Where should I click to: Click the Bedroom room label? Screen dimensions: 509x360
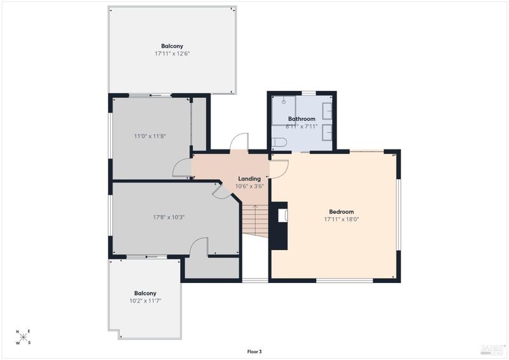pyautogui.click(x=341, y=212)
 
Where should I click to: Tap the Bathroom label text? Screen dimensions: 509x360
pyautogui.click(x=302, y=119)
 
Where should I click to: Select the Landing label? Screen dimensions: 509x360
pyautogui.click(x=249, y=179)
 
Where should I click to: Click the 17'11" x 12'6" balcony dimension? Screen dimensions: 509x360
pyautogui.click(x=172, y=53)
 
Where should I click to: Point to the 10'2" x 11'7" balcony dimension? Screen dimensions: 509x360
pyautogui.click(x=146, y=301)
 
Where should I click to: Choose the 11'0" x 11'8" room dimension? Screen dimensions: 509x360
pyautogui.click(x=150, y=136)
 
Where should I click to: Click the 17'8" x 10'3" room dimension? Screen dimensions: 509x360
pyautogui.click(x=169, y=217)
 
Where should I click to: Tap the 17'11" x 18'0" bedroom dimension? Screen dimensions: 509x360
pyautogui.click(x=342, y=219)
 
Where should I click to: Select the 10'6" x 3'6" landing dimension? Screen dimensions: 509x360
pyautogui.click(x=249, y=186)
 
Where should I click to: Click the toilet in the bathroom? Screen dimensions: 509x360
pyautogui.click(x=279, y=142)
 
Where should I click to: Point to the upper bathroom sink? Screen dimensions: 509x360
pyautogui.click(x=327, y=109)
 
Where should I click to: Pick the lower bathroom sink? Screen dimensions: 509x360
pyautogui.click(x=327, y=132)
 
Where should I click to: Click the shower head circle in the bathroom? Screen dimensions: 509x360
pyautogui.click(x=284, y=102)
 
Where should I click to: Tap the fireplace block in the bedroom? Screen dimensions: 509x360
pyautogui.click(x=279, y=226)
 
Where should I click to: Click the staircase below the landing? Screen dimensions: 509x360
pyautogui.click(x=256, y=220)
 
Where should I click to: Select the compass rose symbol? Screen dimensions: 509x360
pyautogui.click(x=23, y=337)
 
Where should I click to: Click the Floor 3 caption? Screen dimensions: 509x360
pyautogui.click(x=254, y=352)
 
